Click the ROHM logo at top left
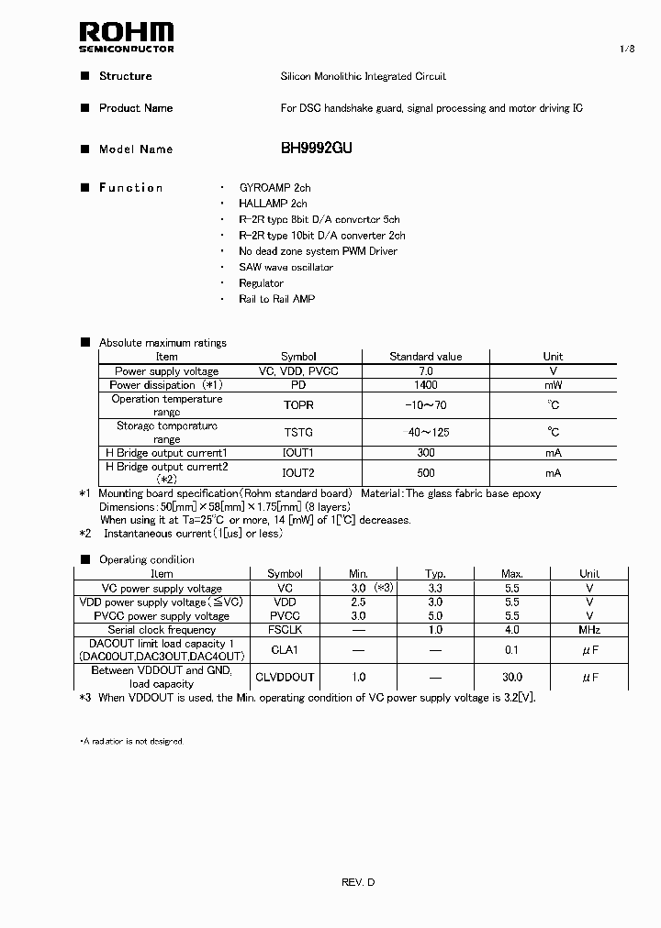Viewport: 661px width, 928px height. [126, 36]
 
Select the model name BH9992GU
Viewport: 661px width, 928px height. [317, 149]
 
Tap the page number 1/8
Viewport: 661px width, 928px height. [627, 49]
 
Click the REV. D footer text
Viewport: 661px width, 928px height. [358, 882]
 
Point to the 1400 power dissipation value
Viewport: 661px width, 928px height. [425, 385]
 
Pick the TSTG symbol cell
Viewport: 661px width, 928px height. [298, 432]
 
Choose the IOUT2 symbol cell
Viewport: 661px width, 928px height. [298, 473]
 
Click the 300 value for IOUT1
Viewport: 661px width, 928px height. [425, 453]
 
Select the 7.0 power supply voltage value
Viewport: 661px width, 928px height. [425, 371]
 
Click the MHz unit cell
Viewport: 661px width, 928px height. [589, 630]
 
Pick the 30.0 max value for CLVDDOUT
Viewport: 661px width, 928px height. [512, 677]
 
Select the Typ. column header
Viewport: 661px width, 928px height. [435, 574]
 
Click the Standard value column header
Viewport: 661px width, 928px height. [425, 357]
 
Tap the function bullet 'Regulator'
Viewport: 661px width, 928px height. [261, 283]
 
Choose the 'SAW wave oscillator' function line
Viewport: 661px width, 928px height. [286, 268]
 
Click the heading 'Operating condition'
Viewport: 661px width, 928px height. [147, 559]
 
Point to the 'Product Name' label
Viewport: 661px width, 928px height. [136, 108]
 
